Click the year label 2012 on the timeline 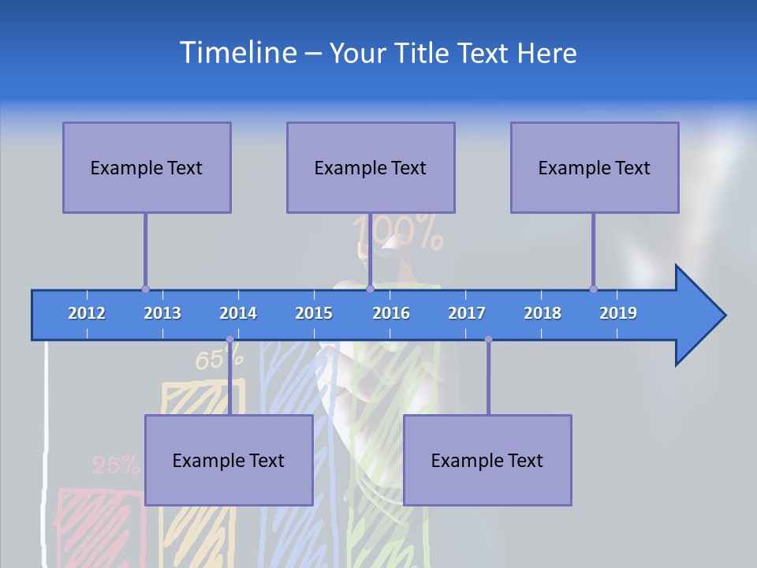click(87, 313)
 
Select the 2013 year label click(162, 313)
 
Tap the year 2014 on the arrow click(238, 313)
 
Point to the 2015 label click(314, 313)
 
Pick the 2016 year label click(391, 313)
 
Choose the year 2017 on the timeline click(467, 313)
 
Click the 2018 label click(543, 313)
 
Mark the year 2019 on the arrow click(618, 313)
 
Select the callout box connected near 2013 click(147, 167)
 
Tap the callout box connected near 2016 click(371, 167)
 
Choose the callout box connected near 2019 click(595, 167)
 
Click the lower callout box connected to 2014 click(229, 460)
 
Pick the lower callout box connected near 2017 click(487, 460)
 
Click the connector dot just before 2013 click(145, 289)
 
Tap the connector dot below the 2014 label click(229, 339)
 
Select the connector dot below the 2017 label click(488, 339)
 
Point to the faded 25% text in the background click(115, 465)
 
